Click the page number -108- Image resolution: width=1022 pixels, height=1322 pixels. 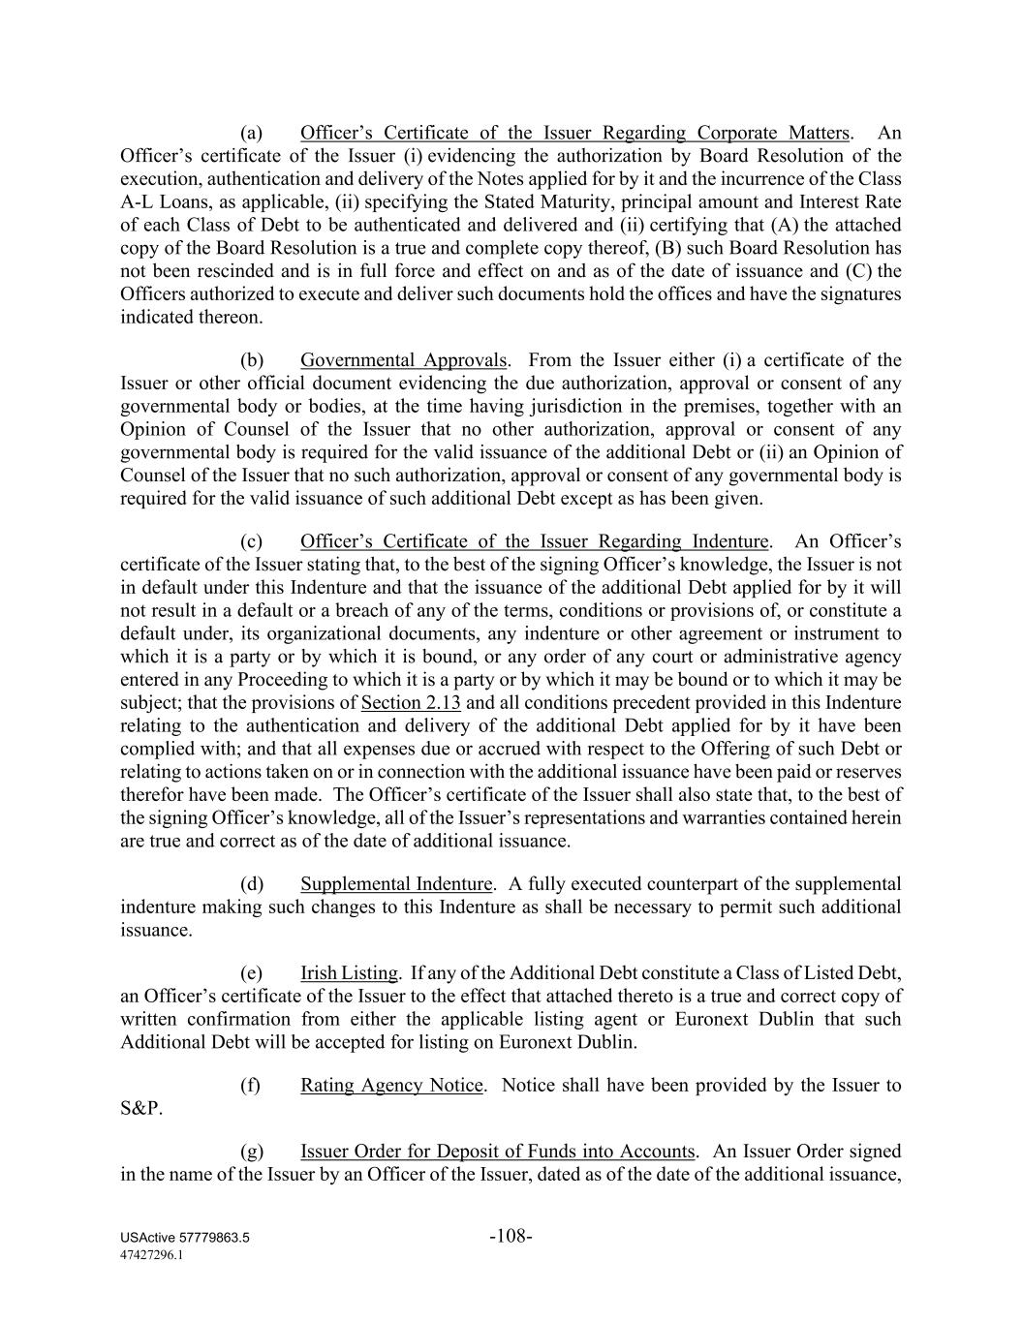click(511, 1236)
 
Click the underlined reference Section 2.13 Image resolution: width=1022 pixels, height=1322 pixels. click(411, 703)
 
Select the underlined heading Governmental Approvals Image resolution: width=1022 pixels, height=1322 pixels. click(403, 360)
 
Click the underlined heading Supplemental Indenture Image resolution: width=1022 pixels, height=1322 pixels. click(396, 884)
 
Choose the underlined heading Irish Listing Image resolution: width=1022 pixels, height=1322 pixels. click(349, 973)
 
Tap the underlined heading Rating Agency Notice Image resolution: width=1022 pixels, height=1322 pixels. click(391, 1086)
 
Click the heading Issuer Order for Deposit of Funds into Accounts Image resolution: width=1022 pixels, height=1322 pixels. click(497, 1152)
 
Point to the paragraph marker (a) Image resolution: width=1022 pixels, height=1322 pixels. click(251, 133)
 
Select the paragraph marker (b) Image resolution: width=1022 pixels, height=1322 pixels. click(251, 360)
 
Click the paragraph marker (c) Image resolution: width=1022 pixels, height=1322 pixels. click(251, 541)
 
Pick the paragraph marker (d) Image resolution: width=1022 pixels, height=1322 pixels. click(251, 884)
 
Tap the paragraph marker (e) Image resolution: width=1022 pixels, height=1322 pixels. click(251, 973)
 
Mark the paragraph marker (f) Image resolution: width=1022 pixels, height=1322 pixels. click(250, 1086)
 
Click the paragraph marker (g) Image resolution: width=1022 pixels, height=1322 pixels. click(251, 1152)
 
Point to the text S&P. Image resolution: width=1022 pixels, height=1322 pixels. click(141, 1109)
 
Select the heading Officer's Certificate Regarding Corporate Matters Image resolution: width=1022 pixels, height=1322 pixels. click(575, 133)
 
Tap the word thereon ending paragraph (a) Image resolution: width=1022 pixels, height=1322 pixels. click(232, 318)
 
